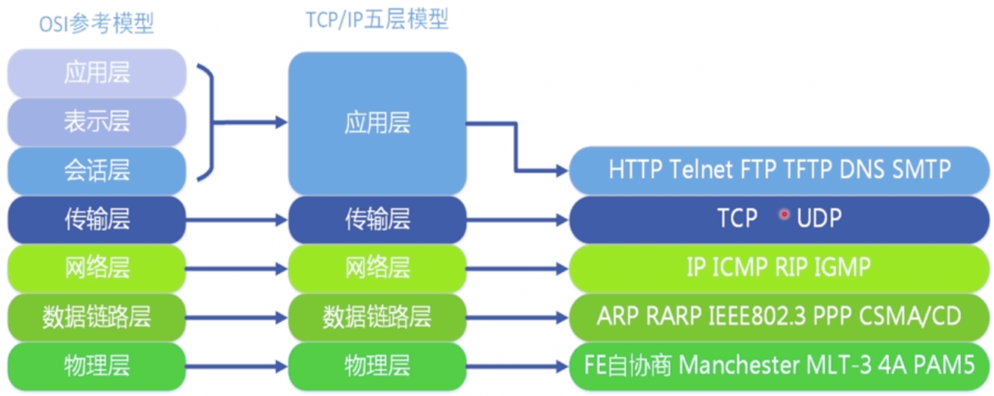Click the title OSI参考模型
pyautogui.click(x=97, y=24)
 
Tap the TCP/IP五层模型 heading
pyautogui.click(x=377, y=20)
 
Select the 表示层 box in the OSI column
pyautogui.click(x=97, y=121)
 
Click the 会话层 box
pyautogui.click(x=97, y=170)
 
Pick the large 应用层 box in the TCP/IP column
pyautogui.click(x=377, y=122)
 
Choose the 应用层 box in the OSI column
pyautogui.click(x=97, y=73)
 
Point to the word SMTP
pyautogui.click(x=921, y=169)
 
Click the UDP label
pyautogui.click(x=819, y=218)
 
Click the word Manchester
pyautogui.click(x=739, y=365)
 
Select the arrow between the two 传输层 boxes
pyautogui.click(x=236, y=220)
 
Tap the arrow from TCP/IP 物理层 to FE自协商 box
pyautogui.click(x=517, y=367)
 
